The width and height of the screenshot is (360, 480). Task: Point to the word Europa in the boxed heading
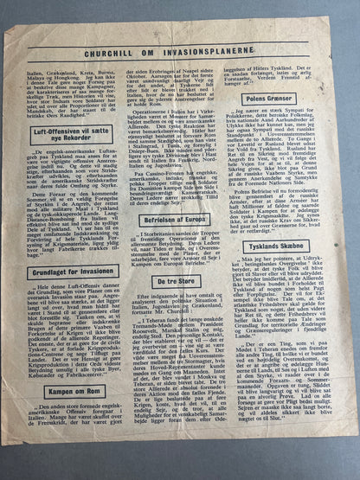pyautogui.click(x=201, y=220)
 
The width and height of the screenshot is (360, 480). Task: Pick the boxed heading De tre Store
pyautogui.click(x=180, y=281)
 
